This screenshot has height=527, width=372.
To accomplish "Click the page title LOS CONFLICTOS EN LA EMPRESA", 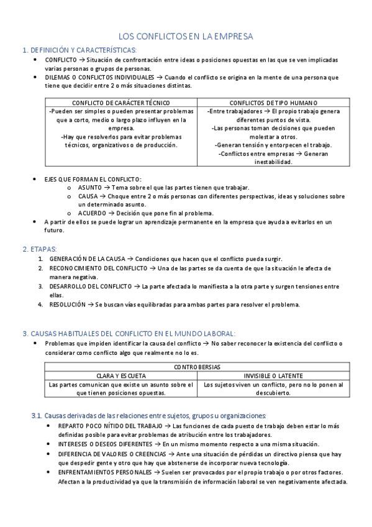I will click(186, 37).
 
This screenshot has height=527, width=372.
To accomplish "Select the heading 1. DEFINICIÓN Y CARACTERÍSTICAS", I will click(79, 50).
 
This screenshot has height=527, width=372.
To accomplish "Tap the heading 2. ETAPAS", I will click(39, 249).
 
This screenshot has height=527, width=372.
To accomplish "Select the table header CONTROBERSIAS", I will click(197, 367).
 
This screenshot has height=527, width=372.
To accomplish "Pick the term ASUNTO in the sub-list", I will click(91, 188).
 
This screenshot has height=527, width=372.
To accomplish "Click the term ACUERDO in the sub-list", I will click(93, 213).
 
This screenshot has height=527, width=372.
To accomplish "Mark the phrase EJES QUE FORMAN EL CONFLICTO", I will click(93, 179).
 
